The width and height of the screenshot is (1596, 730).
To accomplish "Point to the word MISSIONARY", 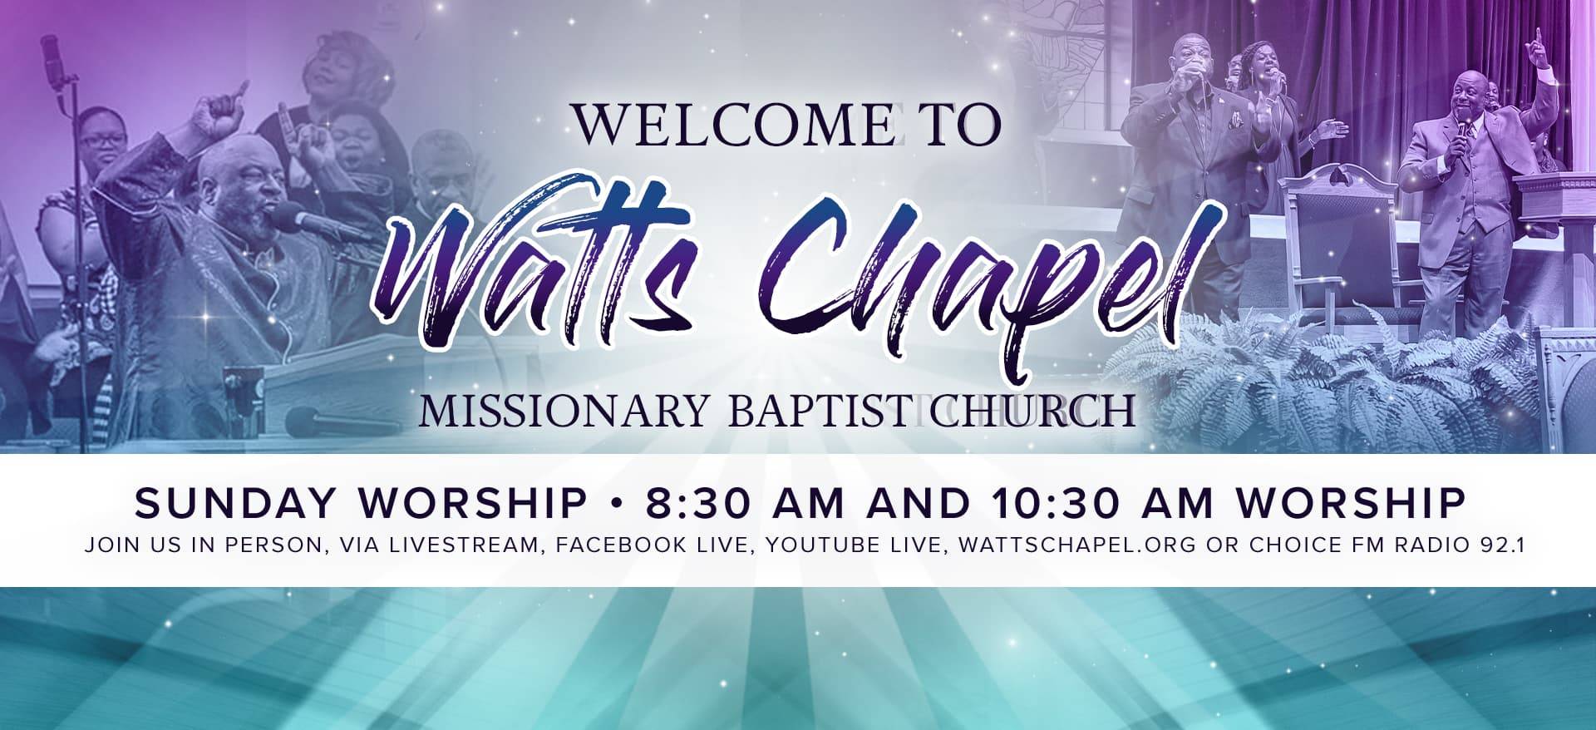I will pyautogui.click(x=564, y=412).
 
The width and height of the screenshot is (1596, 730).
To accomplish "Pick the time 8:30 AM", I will pyautogui.click(x=744, y=503).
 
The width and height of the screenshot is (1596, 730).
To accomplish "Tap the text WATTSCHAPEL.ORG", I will pyautogui.click(x=1077, y=545).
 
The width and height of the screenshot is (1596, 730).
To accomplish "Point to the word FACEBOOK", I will pyautogui.click(x=622, y=545).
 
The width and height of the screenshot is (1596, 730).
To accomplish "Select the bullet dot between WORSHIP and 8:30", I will pyautogui.click(x=616, y=504).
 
